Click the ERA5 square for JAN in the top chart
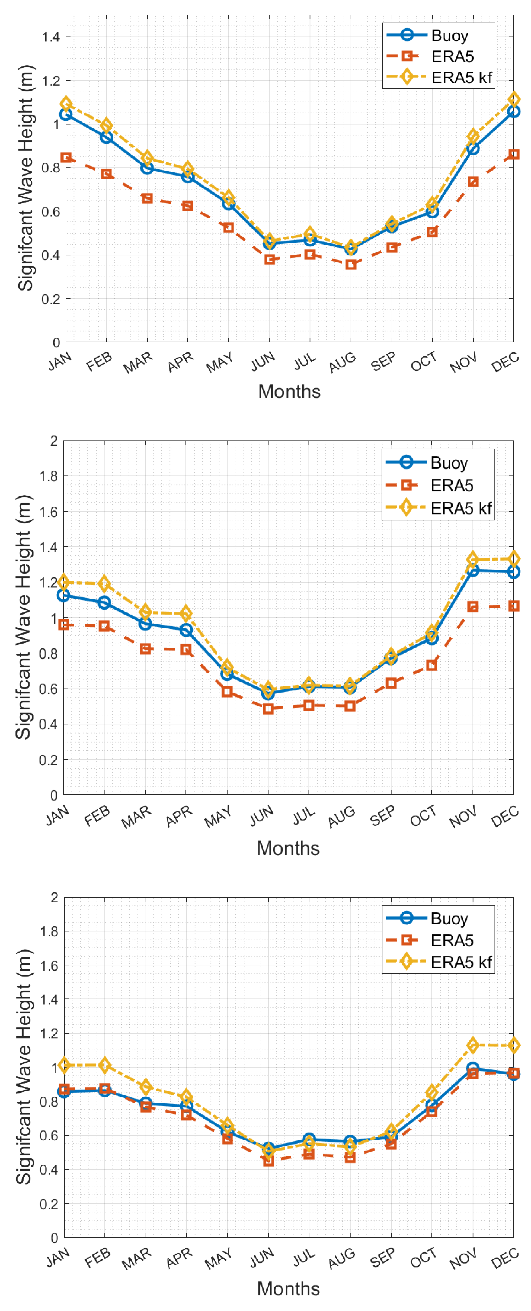coord(66,157)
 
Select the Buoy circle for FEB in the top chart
coord(106,137)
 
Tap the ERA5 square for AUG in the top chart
coord(351,265)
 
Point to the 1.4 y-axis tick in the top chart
coord(51,37)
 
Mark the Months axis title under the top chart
coord(289,391)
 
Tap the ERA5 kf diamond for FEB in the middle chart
coord(104,583)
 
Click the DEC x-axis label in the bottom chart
coord(505,1257)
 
